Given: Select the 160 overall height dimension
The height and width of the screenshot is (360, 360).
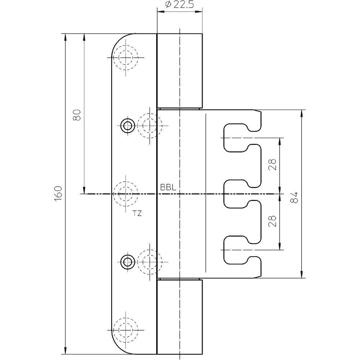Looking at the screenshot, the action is tap(58, 194).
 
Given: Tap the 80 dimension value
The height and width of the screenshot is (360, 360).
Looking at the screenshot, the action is tap(77, 115).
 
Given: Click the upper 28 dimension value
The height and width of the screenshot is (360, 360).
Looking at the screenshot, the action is tap(273, 165).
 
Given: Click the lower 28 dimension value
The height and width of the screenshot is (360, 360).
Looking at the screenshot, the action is tap(273, 221).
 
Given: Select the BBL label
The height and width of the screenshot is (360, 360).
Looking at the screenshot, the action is tap(168, 188).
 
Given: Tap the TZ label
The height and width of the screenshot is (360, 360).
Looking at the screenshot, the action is tap(137, 213).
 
